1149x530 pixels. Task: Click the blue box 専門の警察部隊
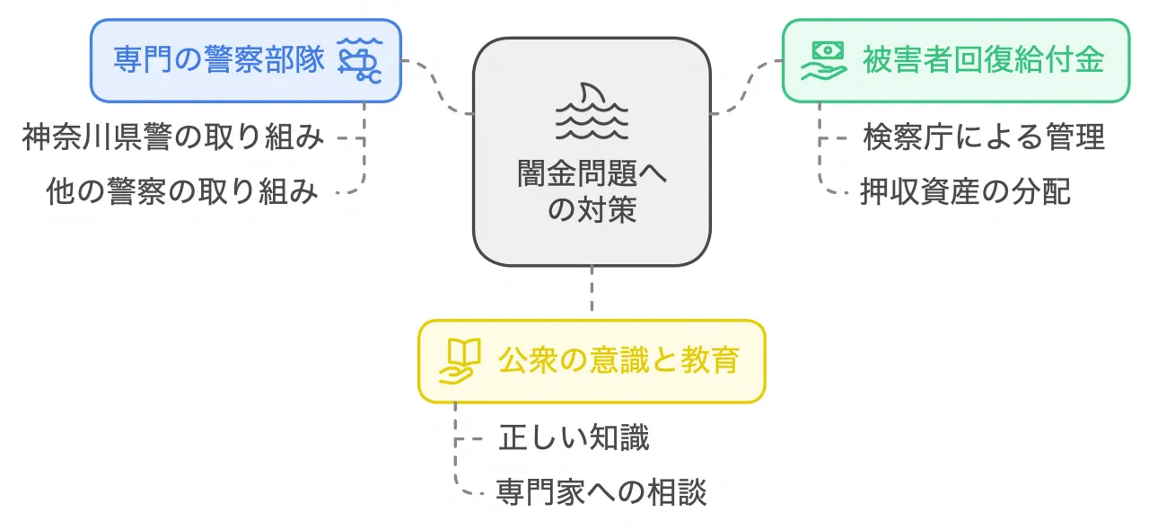click(x=245, y=60)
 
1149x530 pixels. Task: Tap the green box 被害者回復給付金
click(x=956, y=60)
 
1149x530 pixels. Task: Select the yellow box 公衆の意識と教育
click(x=592, y=360)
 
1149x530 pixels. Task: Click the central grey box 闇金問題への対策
click(x=592, y=152)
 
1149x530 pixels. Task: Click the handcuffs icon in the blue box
click(x=359, y=60)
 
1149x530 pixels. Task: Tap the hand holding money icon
click(x=823, y=60)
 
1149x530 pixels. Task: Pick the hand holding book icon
click(x=458, y=361)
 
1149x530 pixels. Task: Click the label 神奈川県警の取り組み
click(x=172, y=137)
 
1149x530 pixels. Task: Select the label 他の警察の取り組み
click(x=182, y=191)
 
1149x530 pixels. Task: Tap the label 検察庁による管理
click(x=984, y=137)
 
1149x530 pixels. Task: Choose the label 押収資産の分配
click(x=966, y=191)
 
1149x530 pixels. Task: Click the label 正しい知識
click(x=574, y=438)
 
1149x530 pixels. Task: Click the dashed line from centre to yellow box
click(x=592, y=293)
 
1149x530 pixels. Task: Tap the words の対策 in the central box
click(x=592, y=209)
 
